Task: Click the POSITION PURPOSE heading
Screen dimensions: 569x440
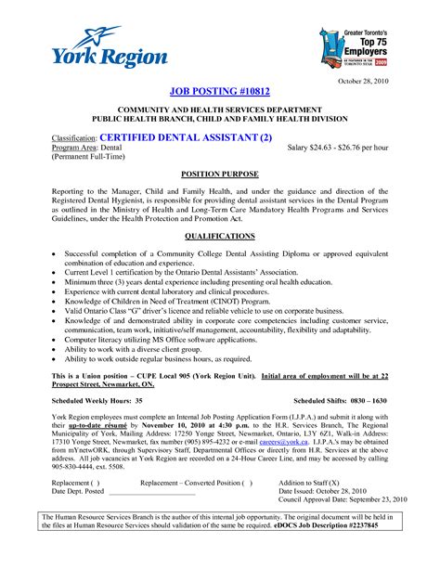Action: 219,174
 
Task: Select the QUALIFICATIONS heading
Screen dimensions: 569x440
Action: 219,237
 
